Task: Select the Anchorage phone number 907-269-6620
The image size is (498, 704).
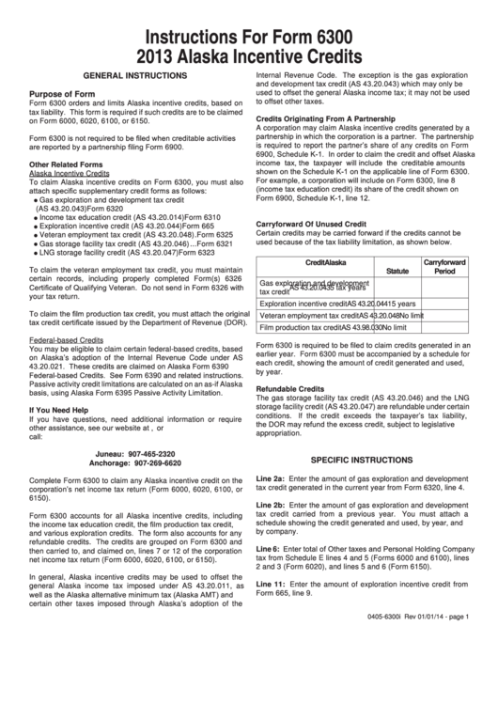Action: [x=162, y=463]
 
